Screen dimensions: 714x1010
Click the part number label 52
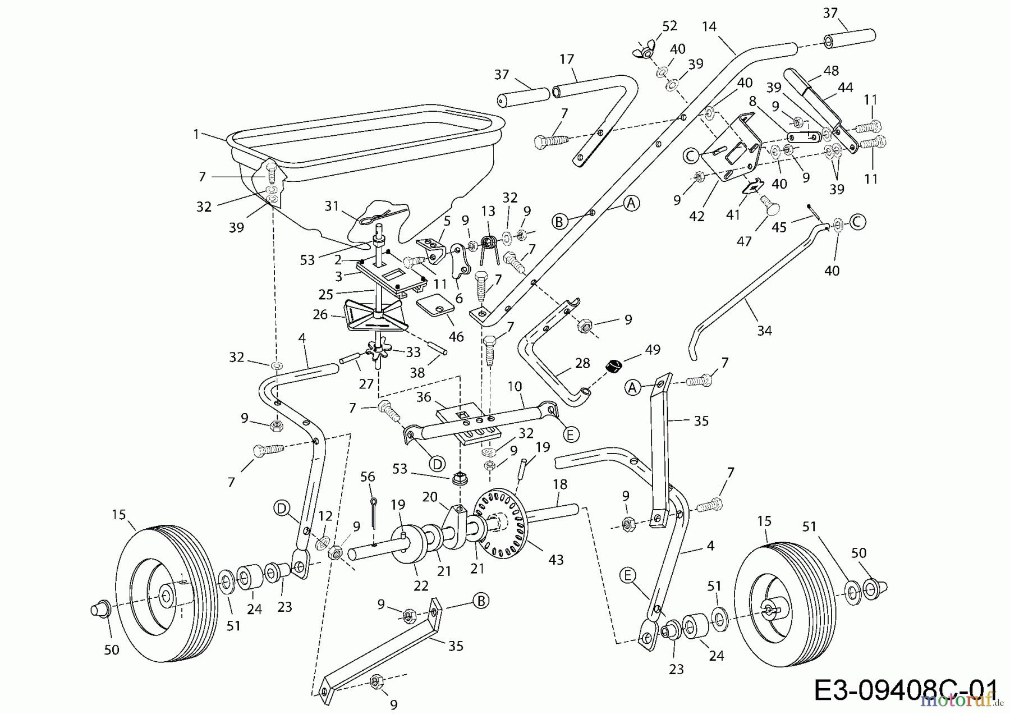(669, 26)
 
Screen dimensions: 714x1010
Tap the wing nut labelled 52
(643, 52)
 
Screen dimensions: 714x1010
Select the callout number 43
(555, 560)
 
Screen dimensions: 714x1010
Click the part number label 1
(196, 134)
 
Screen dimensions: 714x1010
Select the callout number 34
(764, 331)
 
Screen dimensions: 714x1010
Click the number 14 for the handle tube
(709, 26)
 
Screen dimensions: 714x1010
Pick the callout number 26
(320, 314)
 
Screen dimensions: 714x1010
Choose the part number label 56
(368, 477)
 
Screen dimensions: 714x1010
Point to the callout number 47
(744, 241)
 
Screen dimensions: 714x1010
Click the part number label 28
(582, 363)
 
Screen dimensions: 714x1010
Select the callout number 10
(515, 386)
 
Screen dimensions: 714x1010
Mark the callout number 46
(456, 336)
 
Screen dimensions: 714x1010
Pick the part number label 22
(421, 585)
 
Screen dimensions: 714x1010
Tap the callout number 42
(696, 216)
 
